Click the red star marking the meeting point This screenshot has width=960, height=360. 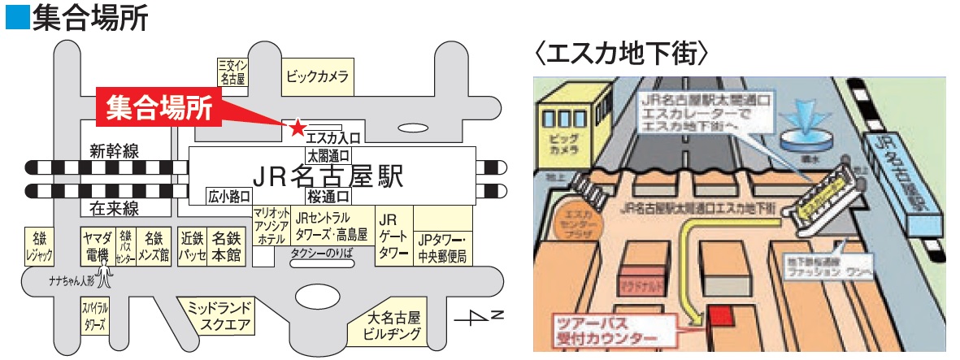pyautogui.click(x=298, y=127)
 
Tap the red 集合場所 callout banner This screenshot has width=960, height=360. pyautogui.click(x=159, y=106)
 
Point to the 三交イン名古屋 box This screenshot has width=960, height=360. pyautogui.click(x=233, y=72)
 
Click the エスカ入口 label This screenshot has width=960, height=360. pyautogui.click(x=332, y=137)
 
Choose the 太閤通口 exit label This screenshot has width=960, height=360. pyautogui.click(x=328, y=154)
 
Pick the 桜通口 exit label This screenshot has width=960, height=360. pyautogui.click(x=328, y=196)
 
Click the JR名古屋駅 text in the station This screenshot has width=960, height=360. pyautogui.click(x=328, y=176)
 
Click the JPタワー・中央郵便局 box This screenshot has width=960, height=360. pyautogui.click(x=444, y=248)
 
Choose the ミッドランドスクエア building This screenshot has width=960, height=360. pyautogui.click(x=219, y=317)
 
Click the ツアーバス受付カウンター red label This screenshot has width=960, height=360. pyautogui.click(x=604, y=331)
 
